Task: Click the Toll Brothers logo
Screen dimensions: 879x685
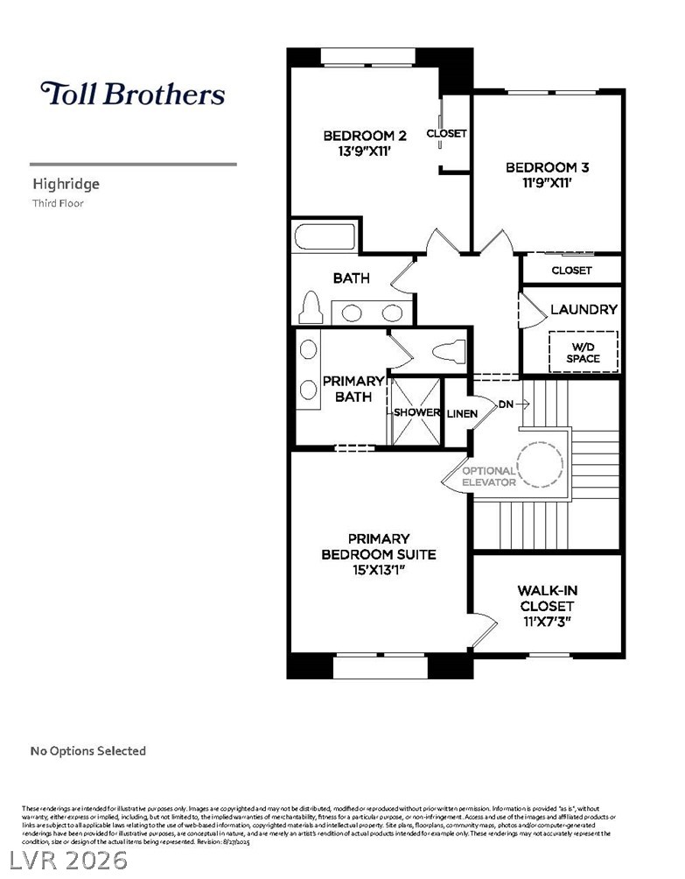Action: [132, 94]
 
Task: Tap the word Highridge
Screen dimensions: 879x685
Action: [66, 184]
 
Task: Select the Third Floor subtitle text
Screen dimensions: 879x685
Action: [57, 203]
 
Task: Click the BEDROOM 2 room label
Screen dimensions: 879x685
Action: [365, 136]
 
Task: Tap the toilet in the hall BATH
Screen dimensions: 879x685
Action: [310, 308]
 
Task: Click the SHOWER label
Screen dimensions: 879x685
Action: [416, 412]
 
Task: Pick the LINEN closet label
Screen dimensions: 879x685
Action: [462, 413]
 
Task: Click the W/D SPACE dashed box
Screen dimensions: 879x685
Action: [583, 351]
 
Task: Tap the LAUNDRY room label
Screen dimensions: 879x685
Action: [584, 309]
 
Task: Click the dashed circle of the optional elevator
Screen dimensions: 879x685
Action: [540, 464]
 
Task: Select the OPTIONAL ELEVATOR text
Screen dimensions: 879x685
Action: [488, 476]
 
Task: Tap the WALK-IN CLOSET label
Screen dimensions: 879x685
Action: [546, 598]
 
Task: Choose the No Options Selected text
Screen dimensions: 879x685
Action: [88, 750]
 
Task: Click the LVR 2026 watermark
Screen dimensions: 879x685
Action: [65, 859]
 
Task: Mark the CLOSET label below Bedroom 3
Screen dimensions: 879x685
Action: [571, 271]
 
